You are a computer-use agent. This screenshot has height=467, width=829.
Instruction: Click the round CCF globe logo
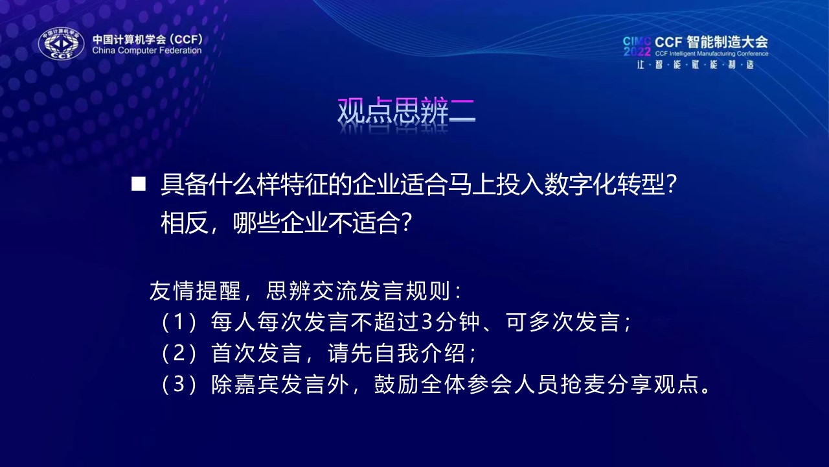click(x=61, y=43)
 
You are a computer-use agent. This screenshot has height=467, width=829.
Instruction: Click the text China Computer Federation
click(x=147, y=51)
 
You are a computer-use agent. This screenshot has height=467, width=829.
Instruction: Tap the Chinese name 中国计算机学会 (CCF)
click(x=148, y=39)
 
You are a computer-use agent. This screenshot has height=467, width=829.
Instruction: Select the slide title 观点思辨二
click(x=406, y=110)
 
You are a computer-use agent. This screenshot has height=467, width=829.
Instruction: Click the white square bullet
click(x=139, y=184)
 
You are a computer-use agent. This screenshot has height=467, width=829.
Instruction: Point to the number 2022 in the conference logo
click(x=637, y=51)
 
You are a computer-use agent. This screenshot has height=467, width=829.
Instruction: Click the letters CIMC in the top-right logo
click(x=637, y=41)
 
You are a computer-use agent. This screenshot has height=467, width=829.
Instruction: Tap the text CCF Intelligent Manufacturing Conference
click(x=712, y=54)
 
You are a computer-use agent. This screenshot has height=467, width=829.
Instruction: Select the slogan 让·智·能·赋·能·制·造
click(x=696, y=64)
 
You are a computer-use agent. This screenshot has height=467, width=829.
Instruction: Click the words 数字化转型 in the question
click(x=604, y=184)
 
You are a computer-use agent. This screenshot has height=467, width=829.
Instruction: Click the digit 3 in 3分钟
click(x=427, y=321)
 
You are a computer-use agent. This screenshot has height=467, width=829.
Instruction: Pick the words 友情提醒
click(x=196, y=291)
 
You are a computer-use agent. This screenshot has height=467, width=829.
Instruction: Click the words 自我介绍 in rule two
click(x=420, y=353)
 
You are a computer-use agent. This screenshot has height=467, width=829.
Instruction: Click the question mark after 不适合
click(x=406, y=223)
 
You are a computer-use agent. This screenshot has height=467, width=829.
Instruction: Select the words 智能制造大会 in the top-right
click(x=727, y=42)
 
